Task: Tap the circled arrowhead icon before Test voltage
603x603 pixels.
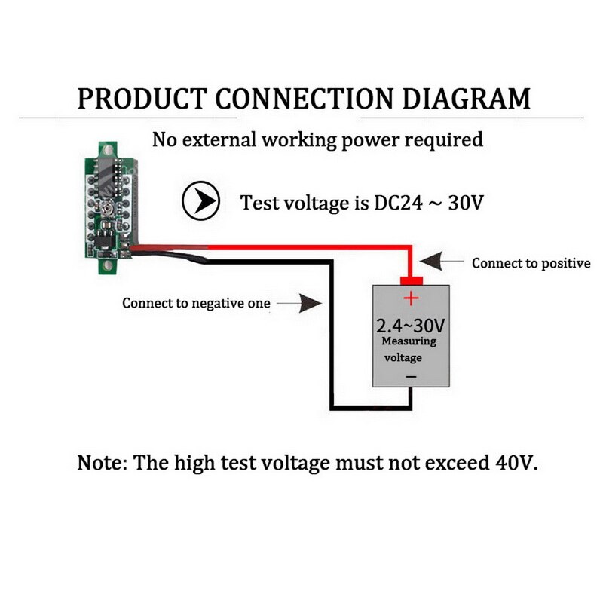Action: [x=200, y=202]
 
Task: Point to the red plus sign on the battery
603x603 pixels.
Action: [x=411, y=298]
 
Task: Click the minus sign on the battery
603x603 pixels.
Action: [x=411, y=375]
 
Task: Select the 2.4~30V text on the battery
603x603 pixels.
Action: [x=411, y=326]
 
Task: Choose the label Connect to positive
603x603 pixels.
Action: [x=531, y=263]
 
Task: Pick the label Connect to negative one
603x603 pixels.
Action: [x=196, y=304]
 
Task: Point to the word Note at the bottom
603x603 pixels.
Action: [x=101, y=462]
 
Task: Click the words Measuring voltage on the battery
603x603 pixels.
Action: [x=409, y=350]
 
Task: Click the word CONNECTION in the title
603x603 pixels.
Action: [x=304, y=98]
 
